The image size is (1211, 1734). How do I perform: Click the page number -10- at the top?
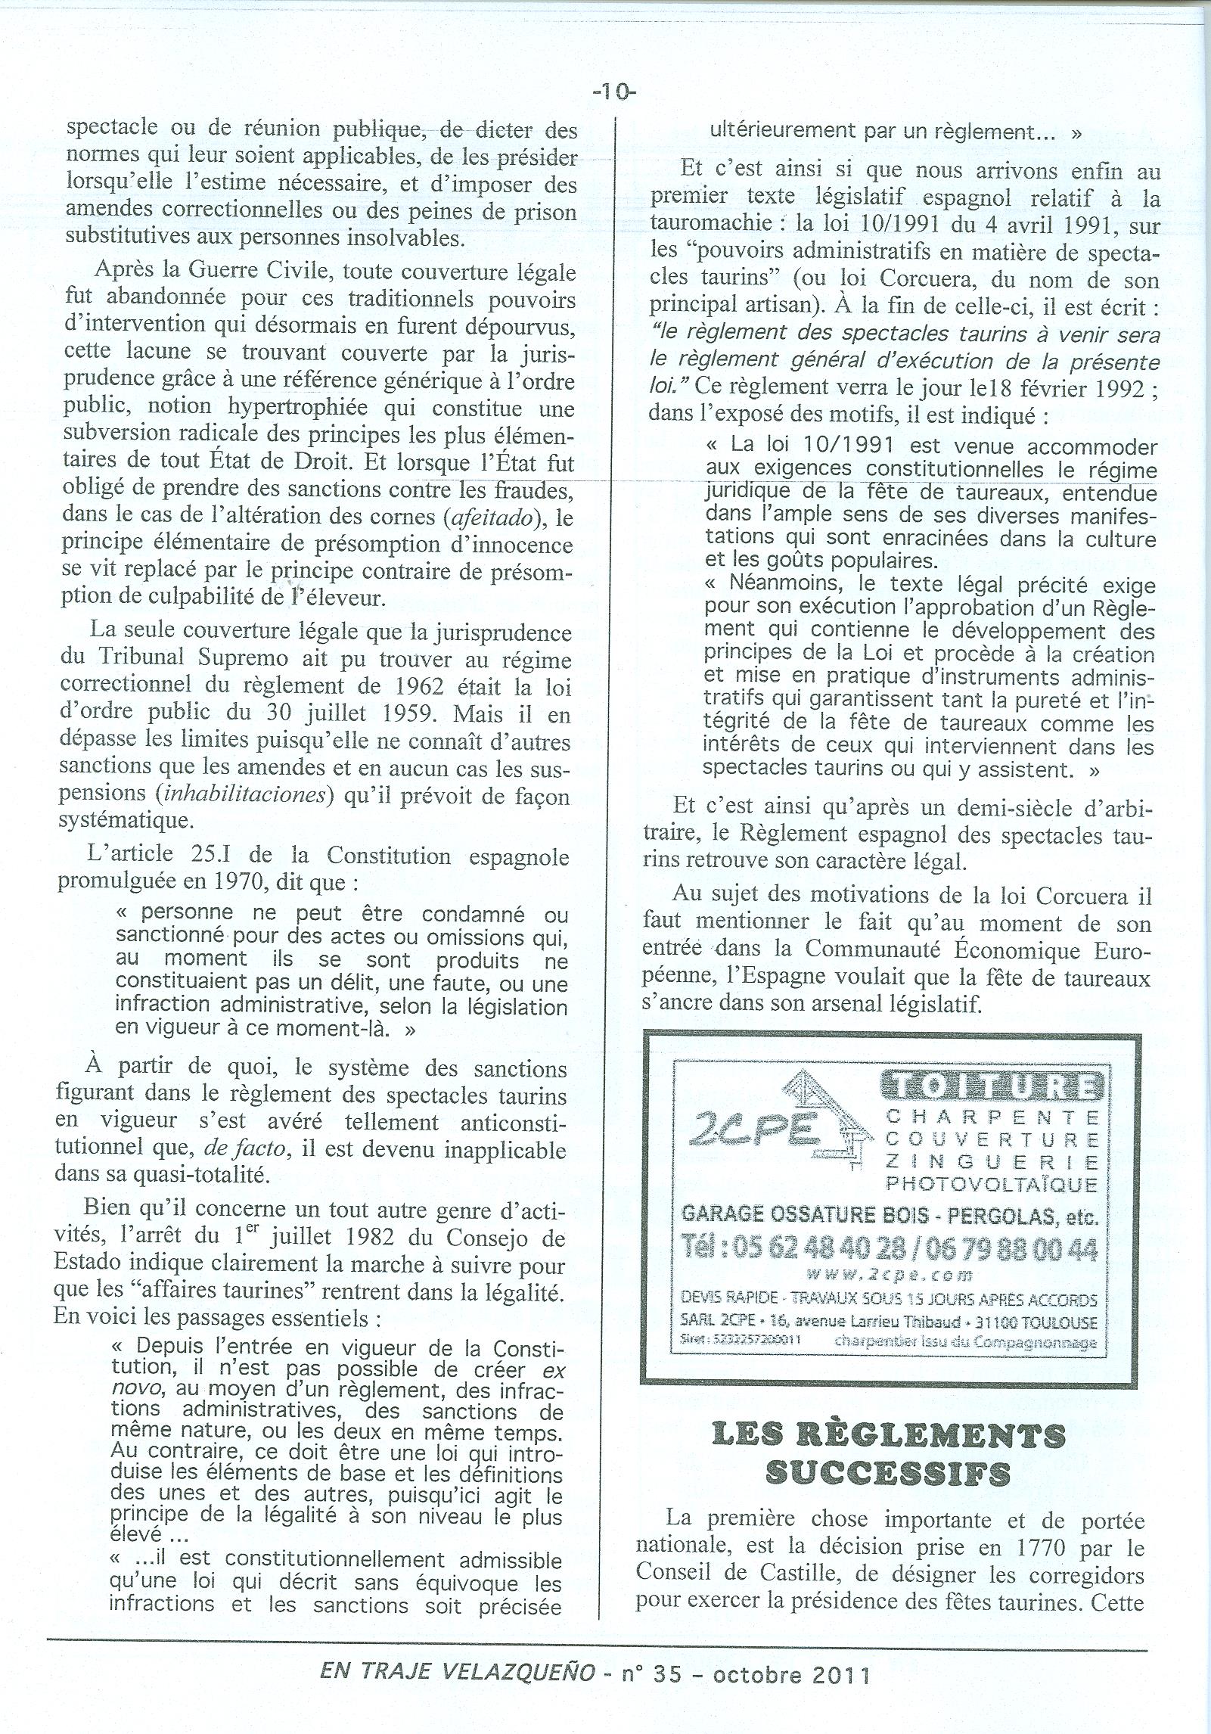coord(614,92)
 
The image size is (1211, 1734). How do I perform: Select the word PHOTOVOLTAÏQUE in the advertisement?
coord(992,1182)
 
